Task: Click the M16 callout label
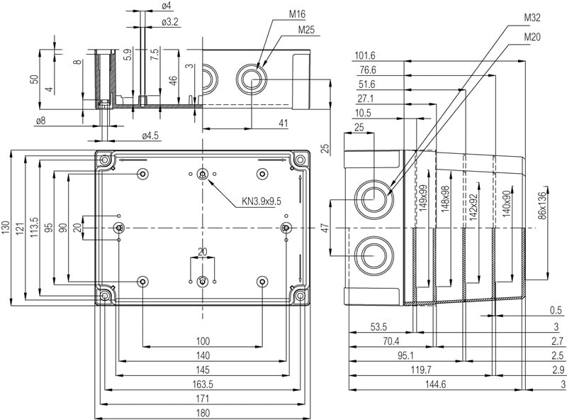pos(296,14)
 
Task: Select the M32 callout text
pos(532,17)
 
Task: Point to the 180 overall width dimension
pos(203,413)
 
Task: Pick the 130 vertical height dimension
pos(6,228)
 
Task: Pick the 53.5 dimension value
pos(378,326)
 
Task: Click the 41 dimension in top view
pos(283,123)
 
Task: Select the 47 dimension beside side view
pos(325,228)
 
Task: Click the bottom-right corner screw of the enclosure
pos(301,295)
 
